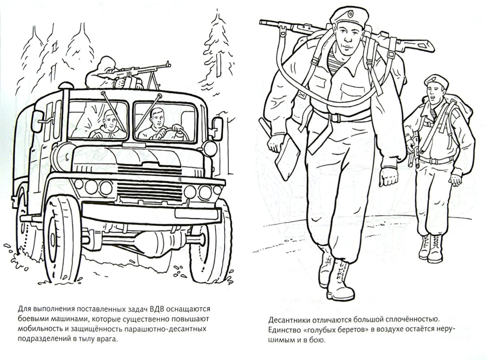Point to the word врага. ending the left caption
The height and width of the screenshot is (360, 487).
click(109, 340)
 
